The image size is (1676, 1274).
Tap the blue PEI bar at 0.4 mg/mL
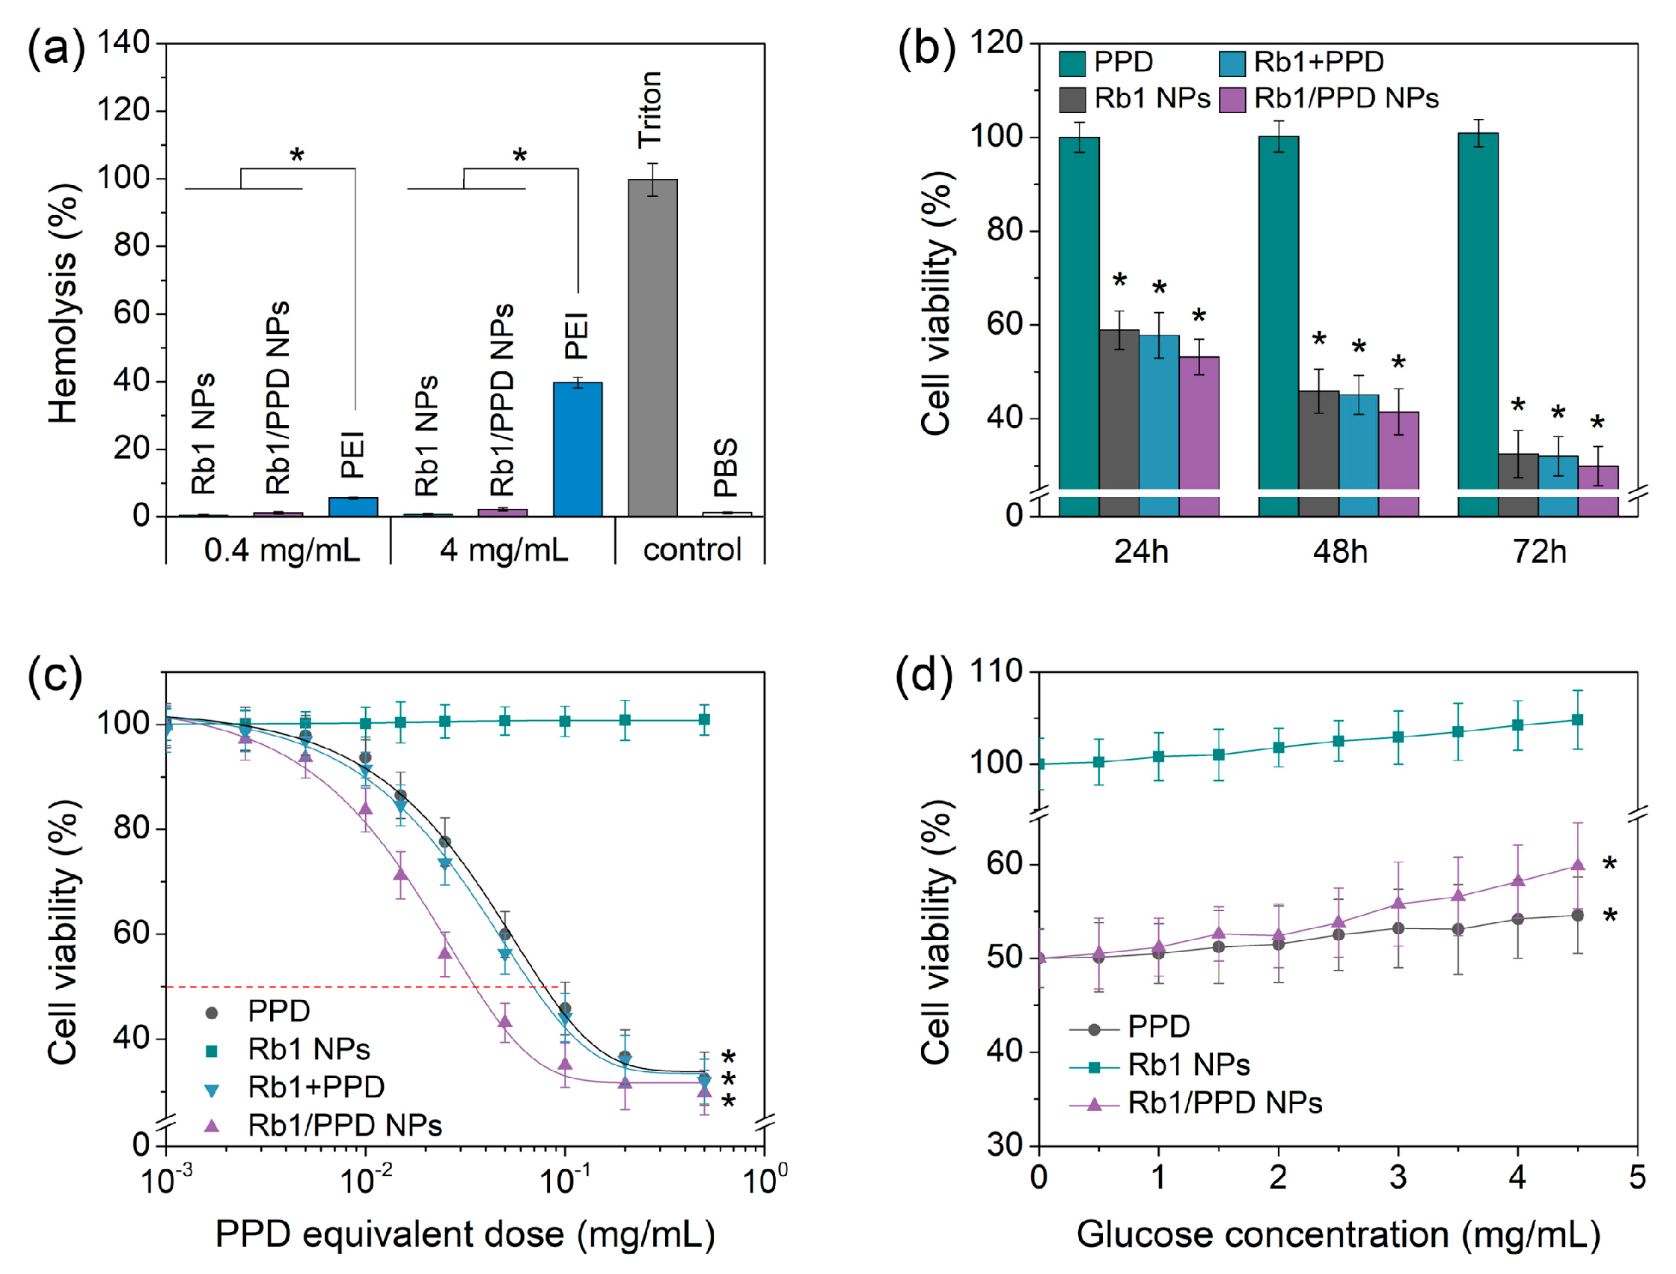[353, 507]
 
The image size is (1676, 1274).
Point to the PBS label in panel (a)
[726, 467]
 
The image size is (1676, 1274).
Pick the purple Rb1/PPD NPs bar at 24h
[1199, 424]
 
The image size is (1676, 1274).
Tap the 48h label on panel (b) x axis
[1340, 552]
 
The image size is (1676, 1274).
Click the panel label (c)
[55, 675]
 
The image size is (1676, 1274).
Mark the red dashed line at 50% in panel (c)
[364, 987]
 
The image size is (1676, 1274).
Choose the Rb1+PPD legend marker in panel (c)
[212, 1091]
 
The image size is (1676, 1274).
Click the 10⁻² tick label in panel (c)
[366, 1180]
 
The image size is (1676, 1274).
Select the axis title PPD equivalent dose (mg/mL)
[465, 1234]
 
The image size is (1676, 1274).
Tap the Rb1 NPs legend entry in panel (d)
[1188, 1064]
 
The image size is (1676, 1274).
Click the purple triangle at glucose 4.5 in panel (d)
[1577, 865]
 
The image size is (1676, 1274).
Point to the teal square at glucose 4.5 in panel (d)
[1577, 719]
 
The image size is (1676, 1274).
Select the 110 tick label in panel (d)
[996, 672]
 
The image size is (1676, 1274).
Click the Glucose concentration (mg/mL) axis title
[1338, 1234]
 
